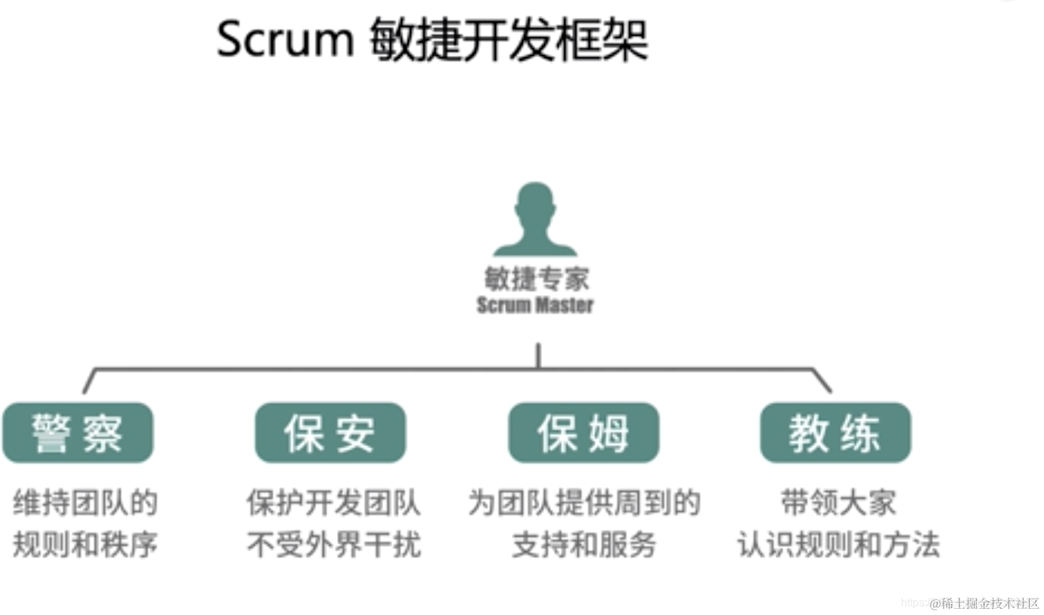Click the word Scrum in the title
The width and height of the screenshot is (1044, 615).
[284, 40]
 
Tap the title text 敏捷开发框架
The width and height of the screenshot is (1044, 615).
[508, 40]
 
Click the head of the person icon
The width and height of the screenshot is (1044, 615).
[535, 206]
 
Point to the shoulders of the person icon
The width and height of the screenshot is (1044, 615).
[535, 246]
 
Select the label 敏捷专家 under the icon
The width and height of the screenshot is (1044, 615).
[536, 279]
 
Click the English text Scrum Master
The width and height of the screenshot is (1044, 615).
[535, 305]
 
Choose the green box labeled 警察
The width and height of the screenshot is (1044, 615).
[78, 433]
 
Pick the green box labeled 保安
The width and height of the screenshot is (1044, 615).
[330, 433]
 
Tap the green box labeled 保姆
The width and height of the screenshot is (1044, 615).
[583, 433]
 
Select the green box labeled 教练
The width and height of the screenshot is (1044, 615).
[835, 433]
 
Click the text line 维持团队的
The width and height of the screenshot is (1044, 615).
[85, 503]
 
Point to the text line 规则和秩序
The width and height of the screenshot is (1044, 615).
[85, 544]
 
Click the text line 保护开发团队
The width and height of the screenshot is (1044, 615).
[334, 503]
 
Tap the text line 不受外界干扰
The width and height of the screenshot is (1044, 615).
[334, 544]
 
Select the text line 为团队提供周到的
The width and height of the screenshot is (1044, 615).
[584, 503]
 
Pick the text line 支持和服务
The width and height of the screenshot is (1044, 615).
[584, 544]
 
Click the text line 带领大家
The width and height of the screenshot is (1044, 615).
[838, 503]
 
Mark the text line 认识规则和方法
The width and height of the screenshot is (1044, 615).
[838, 544]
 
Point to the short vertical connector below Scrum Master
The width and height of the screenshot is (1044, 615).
[539, 355]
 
